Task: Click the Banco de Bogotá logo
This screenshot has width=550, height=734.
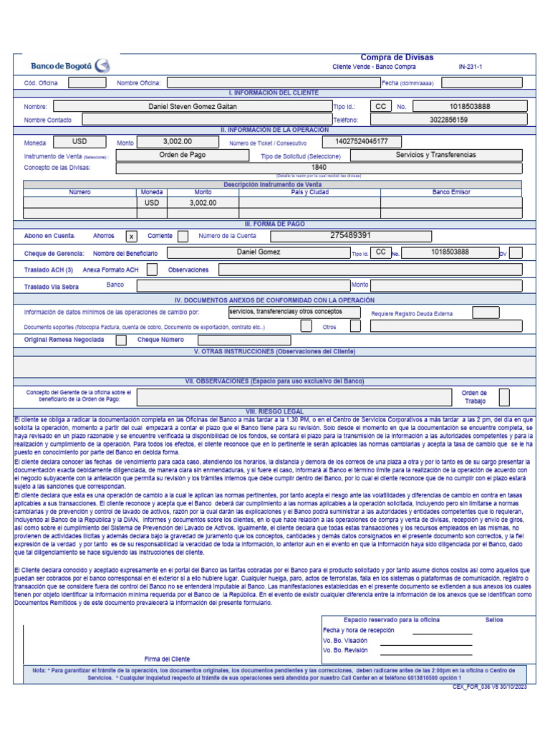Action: click(70, 65)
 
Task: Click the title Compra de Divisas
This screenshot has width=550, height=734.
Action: click(396, 57)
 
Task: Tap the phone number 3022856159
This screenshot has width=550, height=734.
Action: click(449, 120)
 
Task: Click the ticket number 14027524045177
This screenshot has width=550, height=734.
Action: click(362, 141)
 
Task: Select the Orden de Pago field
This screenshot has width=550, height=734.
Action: click(182, 155)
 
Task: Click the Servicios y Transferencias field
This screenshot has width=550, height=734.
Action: click(435, 155)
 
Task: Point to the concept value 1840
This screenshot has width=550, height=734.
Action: click(318, 168)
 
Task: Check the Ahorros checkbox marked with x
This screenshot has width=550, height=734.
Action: click(131, 236)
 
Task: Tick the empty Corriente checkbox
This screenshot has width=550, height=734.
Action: click(183, 236)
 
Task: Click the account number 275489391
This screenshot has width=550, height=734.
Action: click(350, 236)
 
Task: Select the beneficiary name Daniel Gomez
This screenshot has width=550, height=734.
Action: click(259, 252)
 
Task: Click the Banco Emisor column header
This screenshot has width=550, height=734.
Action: click(451, 192)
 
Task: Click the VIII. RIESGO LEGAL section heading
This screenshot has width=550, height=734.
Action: click(274, 412)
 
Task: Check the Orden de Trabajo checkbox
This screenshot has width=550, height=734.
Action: click(504, 397)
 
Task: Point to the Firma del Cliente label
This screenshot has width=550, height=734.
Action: click(167, 658)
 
